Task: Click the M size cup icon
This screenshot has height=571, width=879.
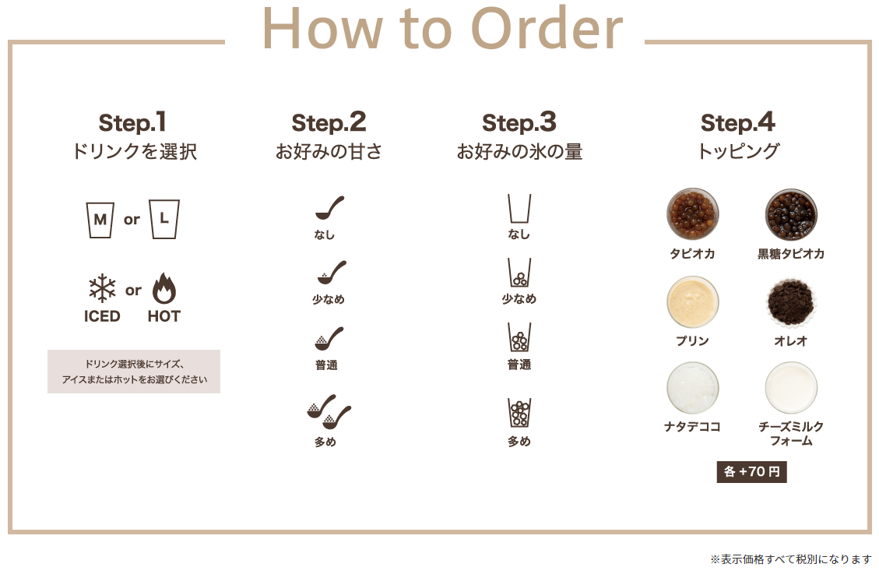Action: pos(100,220)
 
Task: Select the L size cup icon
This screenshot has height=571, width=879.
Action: pos(164,219)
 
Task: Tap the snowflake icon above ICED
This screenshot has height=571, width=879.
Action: pos(102,288)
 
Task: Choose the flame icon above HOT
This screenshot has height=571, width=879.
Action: pos(164,288)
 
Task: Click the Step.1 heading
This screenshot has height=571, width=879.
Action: pos(132,123)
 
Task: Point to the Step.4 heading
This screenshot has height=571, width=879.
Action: pos(738,123)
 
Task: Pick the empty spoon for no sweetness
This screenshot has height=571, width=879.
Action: pos(329,208)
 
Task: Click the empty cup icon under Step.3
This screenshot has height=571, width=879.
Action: pos(519,209)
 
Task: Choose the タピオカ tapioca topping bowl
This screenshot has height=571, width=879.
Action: pos(693,214)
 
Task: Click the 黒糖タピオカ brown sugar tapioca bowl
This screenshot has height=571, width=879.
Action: pos(791,214)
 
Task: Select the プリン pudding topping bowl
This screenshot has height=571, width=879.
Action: pos(693,301)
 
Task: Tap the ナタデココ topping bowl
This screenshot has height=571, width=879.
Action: pos(693,388)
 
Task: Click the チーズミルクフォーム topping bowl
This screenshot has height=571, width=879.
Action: pos(791,388)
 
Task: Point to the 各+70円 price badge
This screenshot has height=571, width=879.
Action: pos(752,472)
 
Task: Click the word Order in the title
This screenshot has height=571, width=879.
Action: pos(547,28)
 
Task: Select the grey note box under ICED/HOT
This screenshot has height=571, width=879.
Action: pos(134,372)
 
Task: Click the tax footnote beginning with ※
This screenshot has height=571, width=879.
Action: pos(791,559)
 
